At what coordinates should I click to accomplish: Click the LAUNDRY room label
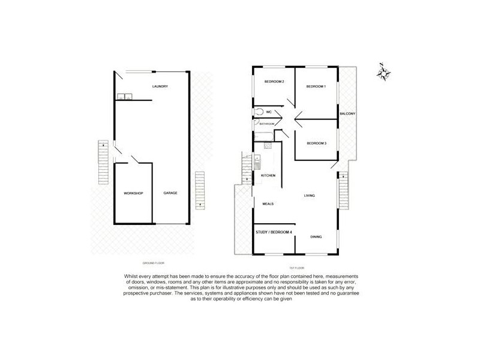[x=160, y=86]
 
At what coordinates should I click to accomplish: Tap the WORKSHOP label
[x=133, y=193]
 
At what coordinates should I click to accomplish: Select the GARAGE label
[x=171, y=193]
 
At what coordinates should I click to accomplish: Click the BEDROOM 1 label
[x=316, y=87]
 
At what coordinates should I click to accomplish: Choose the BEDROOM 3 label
[x=316, y=143]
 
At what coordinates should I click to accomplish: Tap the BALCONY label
[x=348, y=114]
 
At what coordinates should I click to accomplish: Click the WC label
[x=269, y=112]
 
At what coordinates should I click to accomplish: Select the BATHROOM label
[x=267, y=124]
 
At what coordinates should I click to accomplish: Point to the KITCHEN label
[x=268, y=175]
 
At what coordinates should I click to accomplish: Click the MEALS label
[x=268, y=204]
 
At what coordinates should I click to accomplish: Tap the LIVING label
[x=310, y=196]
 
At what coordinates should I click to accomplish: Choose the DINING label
[x=316, y=237]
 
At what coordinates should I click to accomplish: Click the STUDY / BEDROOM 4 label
[x=274, y=232]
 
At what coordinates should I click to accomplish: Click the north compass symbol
[x=383, y=73]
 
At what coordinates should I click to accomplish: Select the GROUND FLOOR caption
[x=154, y=263]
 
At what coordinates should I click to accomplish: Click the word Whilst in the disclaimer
[x=135, y=275]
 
